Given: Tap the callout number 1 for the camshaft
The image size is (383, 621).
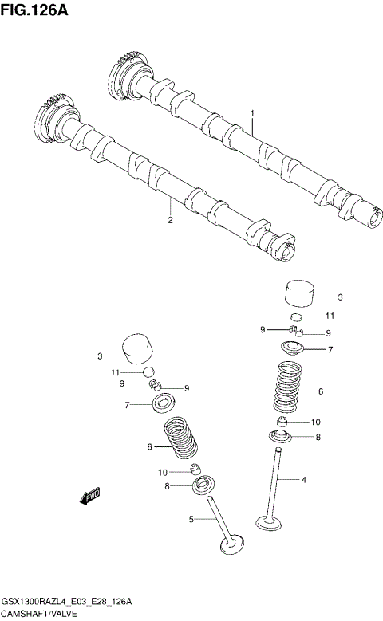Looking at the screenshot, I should point(252,115).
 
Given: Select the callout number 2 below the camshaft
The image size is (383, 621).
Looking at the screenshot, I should point(170,221).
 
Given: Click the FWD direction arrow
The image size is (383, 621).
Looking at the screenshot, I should point(89,497).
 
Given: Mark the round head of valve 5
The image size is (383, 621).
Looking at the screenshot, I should point(231,547).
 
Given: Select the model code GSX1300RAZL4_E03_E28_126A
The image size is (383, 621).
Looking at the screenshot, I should point(66,601).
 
